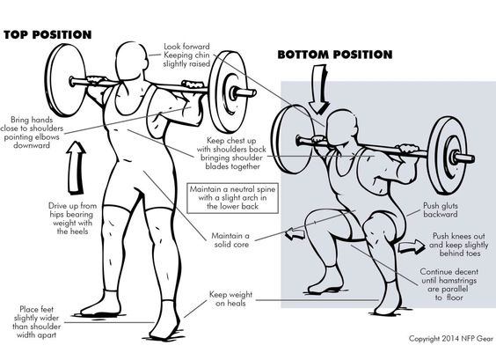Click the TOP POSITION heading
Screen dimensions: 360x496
[x=47, y=34]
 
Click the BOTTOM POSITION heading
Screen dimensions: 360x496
[x=334, y=55]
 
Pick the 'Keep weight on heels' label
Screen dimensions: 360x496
[x=231, y=300]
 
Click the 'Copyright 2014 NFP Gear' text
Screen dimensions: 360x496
[x=449, y=339]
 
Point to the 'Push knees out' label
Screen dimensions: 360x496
[x=460, y=241]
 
